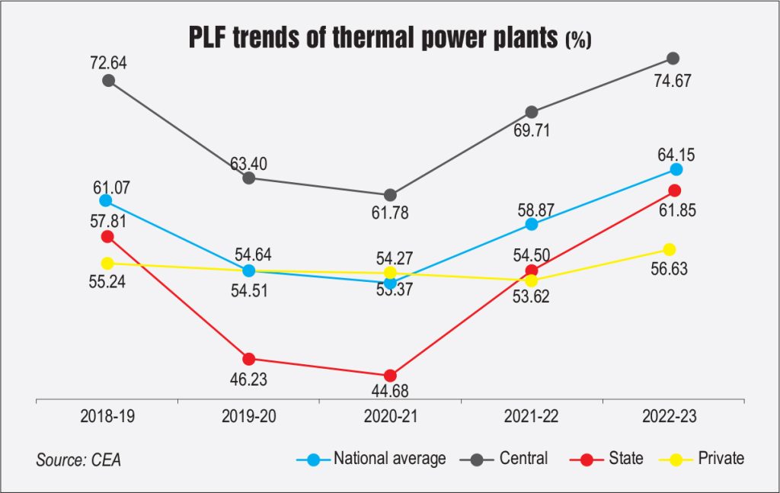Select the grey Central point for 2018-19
(108, 80)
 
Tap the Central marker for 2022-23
(673, 59)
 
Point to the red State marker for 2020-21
(390, 376)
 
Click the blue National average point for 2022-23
(676, 169)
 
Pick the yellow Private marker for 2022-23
(670, 249)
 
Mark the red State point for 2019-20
(248, 359)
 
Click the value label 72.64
(107, 62)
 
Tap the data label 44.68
(389, 392)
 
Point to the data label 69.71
(532, 130)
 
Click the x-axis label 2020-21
(389, 418)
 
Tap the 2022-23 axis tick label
(671, 418)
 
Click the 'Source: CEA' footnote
(78, 460)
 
